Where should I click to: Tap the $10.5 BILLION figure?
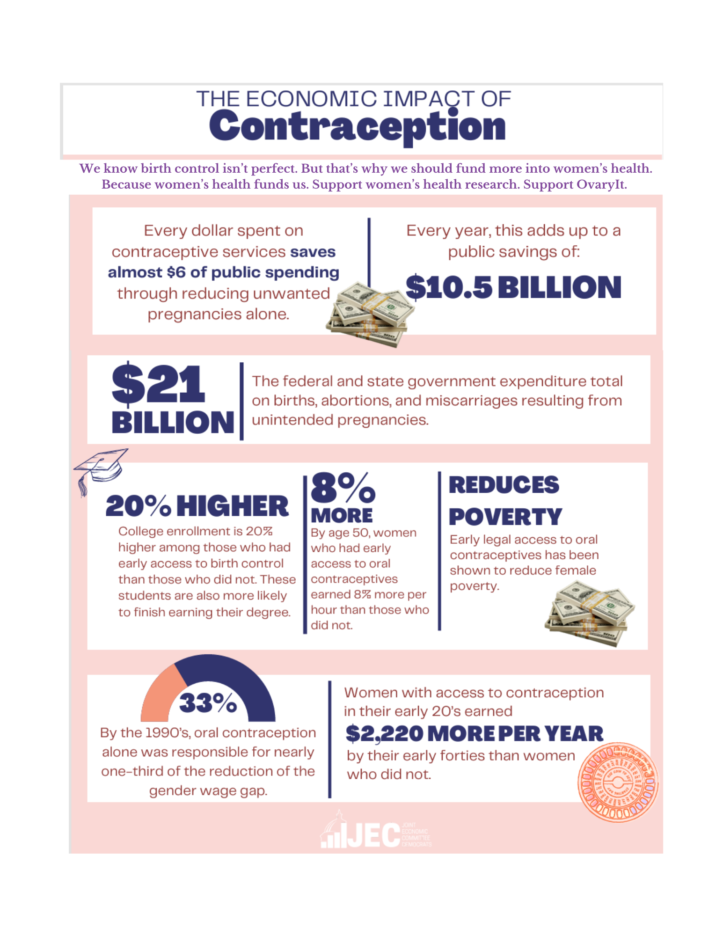[513, 287]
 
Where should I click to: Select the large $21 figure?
[158, 384]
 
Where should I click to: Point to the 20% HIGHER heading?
[197, 506]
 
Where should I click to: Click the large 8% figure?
[343, 488]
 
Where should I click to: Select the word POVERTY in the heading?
[505, 517]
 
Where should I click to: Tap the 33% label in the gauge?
[208, 703]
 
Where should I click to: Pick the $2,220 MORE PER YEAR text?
[475, 734]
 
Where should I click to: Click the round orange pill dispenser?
[618, 782]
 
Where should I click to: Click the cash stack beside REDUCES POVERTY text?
[589, 614]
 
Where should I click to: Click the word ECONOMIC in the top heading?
[311, 99]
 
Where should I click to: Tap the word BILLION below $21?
[173, 422]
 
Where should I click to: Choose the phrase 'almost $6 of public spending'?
[223, 272]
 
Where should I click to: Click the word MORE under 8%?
[342, 516]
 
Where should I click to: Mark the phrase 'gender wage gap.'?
[208, 790]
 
